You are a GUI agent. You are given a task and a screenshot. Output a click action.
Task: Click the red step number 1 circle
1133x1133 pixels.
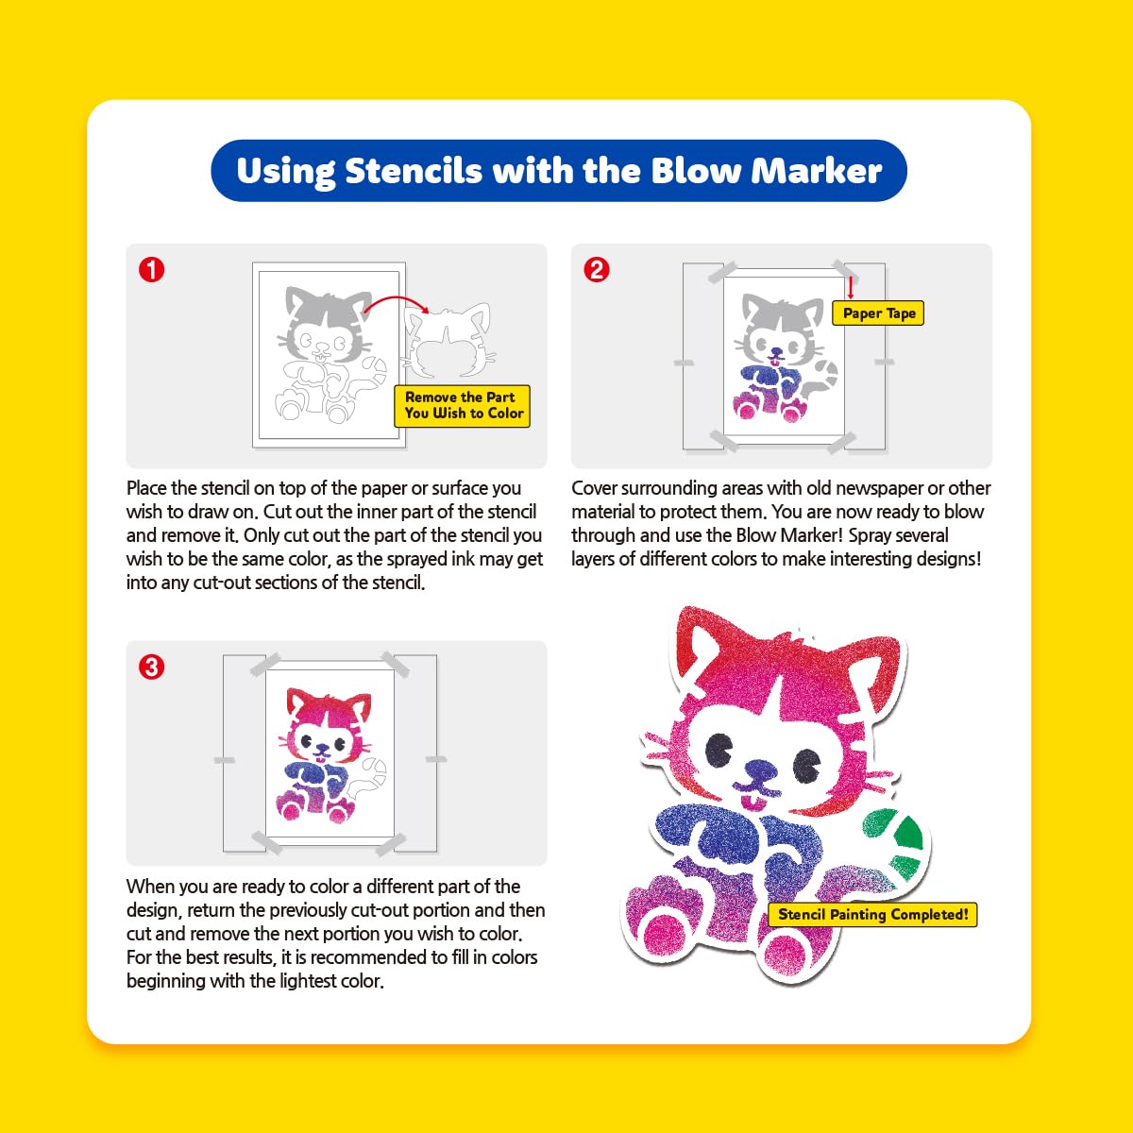(151, 270)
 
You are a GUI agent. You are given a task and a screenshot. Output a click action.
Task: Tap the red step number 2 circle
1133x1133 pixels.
(596, 270)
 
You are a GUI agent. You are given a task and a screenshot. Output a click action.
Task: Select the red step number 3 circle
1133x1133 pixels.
(151, 668)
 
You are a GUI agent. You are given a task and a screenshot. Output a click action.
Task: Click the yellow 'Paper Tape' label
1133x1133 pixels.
(878, 313)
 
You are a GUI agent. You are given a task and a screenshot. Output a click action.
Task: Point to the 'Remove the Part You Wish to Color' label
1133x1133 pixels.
(462, 406)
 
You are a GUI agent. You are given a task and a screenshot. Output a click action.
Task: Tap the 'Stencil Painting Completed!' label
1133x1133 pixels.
(872, 914)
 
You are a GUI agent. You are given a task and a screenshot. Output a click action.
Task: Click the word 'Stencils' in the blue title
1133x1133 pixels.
(414, 171)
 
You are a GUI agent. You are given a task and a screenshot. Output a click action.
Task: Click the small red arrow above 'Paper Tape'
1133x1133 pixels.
(850, 287)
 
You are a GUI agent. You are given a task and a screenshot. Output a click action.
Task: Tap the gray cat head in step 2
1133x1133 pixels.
(783, 327)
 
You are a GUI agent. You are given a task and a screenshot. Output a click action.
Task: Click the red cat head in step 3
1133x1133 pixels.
(330, 720)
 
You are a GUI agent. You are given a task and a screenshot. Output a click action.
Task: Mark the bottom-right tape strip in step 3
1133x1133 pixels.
(390, 843)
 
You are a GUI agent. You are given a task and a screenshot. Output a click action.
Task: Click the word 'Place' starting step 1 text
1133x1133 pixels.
(146, 488)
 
